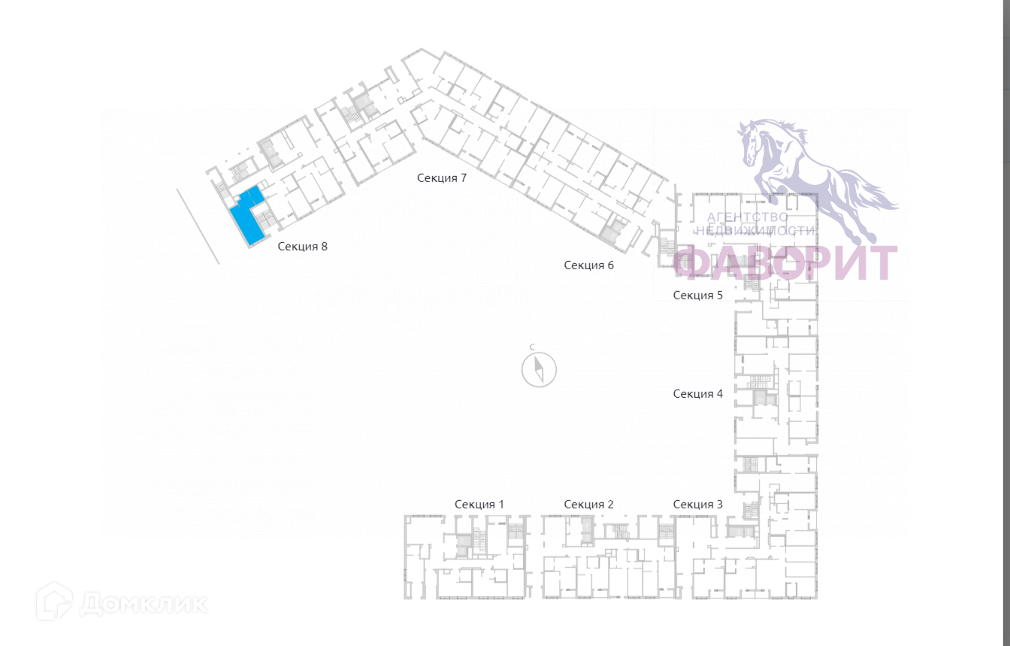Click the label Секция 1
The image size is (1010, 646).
pyautogui.click(x=479, y=504)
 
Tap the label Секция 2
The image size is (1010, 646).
pyautogui.click(x=588, y=504)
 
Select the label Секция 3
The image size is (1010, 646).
pyautogui.click(x=697, y=504)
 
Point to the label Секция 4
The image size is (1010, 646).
pyautogui.click(x=697, y=393)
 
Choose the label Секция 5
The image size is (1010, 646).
pyautogui.click(x=697, y=295)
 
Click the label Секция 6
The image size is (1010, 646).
pyautogui.click(x=588, y=265)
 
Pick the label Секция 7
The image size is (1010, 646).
pyautogui.click(x=442, y=178)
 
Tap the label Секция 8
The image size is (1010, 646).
pyautogui.click(x=302, y=246)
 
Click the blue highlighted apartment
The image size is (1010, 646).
pyautogui.click(x=246, y=220)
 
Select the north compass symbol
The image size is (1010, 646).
pyautogui.click(x=539, y=369)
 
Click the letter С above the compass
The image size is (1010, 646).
pyautogui.click(x=532, y=347)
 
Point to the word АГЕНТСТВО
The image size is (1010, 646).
pyautogui.click(x=748, y=217)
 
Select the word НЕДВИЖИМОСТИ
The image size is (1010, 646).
pyautogui.click(x=754, y=231)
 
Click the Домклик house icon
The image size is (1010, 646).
pyautogui.click(x=55, y=602)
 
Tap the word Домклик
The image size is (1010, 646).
pyautogui.click(x=143, y=603)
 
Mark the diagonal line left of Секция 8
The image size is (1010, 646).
pyautogui.click(x=198, y=226)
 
